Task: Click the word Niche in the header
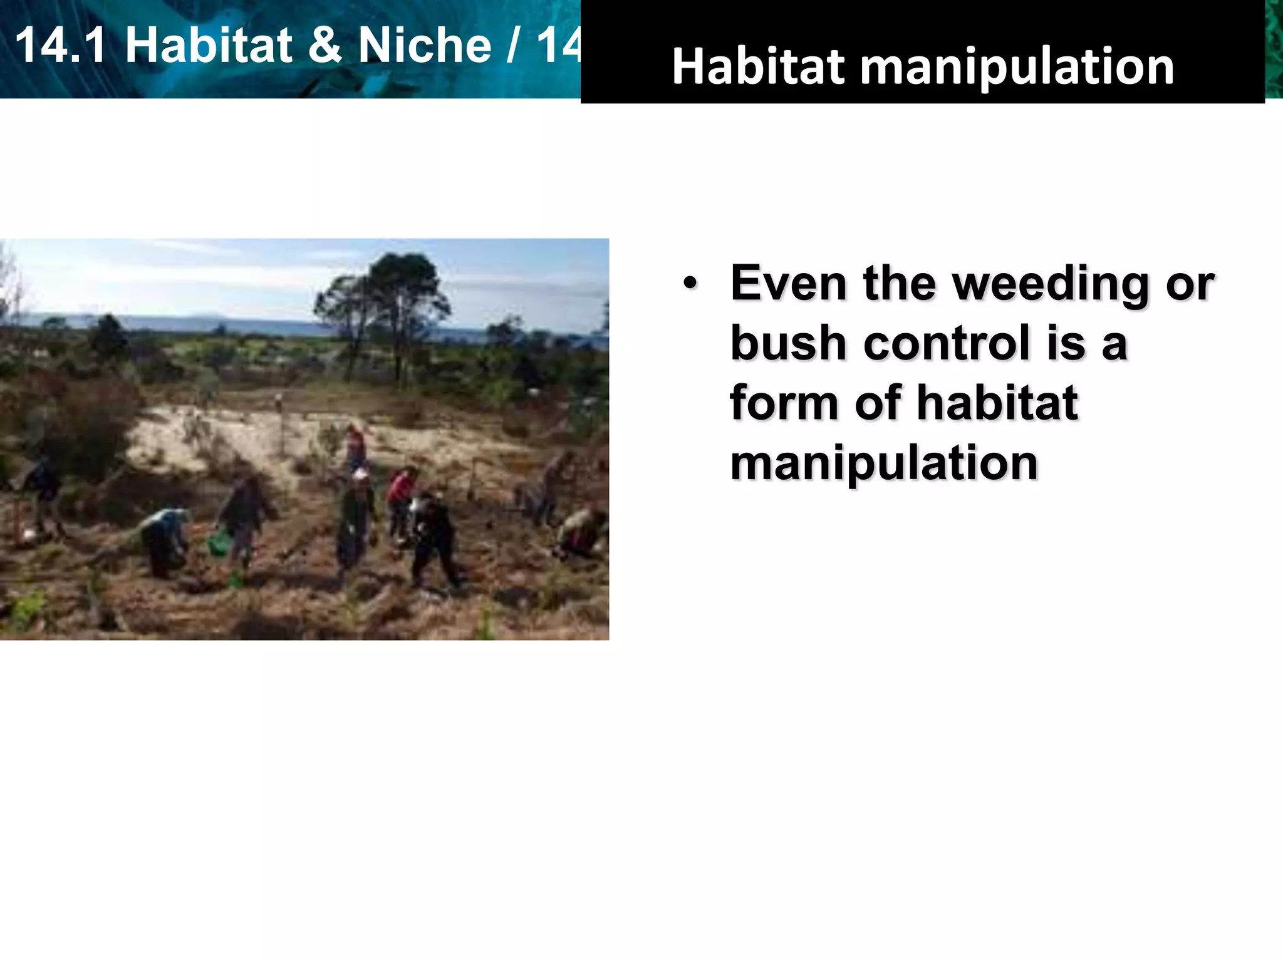[x=424, y=46]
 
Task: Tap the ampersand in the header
[x=325, y=46]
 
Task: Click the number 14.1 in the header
[x=60, y=46]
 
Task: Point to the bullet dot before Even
[x=690, y=284]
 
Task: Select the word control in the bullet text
[x=947, y=343]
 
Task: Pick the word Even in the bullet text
[x=789, y=284]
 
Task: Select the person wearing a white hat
[x=358, y=514]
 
